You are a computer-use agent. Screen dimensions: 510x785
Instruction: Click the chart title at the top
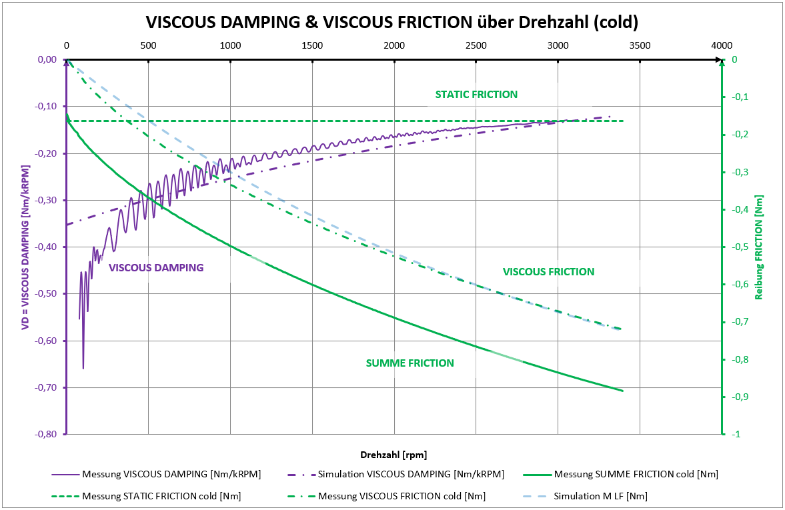(x=392, y=22)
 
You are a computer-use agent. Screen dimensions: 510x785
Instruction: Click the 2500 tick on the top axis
(x=476, y=45)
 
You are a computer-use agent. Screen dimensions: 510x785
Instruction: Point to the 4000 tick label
(x=722, y=45)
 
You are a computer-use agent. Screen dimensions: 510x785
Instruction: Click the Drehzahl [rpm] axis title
(x=394, y=455)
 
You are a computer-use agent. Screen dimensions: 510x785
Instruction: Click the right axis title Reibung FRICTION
(x=758, y=247)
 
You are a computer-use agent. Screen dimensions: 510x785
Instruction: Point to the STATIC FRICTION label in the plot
(x=476, y=95)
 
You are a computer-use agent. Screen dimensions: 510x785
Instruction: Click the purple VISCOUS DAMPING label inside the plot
(x=155, y=268)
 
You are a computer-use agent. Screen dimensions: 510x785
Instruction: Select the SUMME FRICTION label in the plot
(x=410, y=363)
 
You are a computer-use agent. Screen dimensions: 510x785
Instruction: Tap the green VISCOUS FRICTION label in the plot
(x=548, y=272)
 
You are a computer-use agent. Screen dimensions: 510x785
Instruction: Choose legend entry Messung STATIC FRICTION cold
(x=161, y=496)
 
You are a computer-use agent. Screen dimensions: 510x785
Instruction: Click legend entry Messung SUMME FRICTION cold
(x=643, y=475)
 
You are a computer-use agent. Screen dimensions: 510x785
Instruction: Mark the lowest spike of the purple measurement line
(x=83, y=368)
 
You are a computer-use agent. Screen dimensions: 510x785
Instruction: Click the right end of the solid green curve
(x=622, y=391)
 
